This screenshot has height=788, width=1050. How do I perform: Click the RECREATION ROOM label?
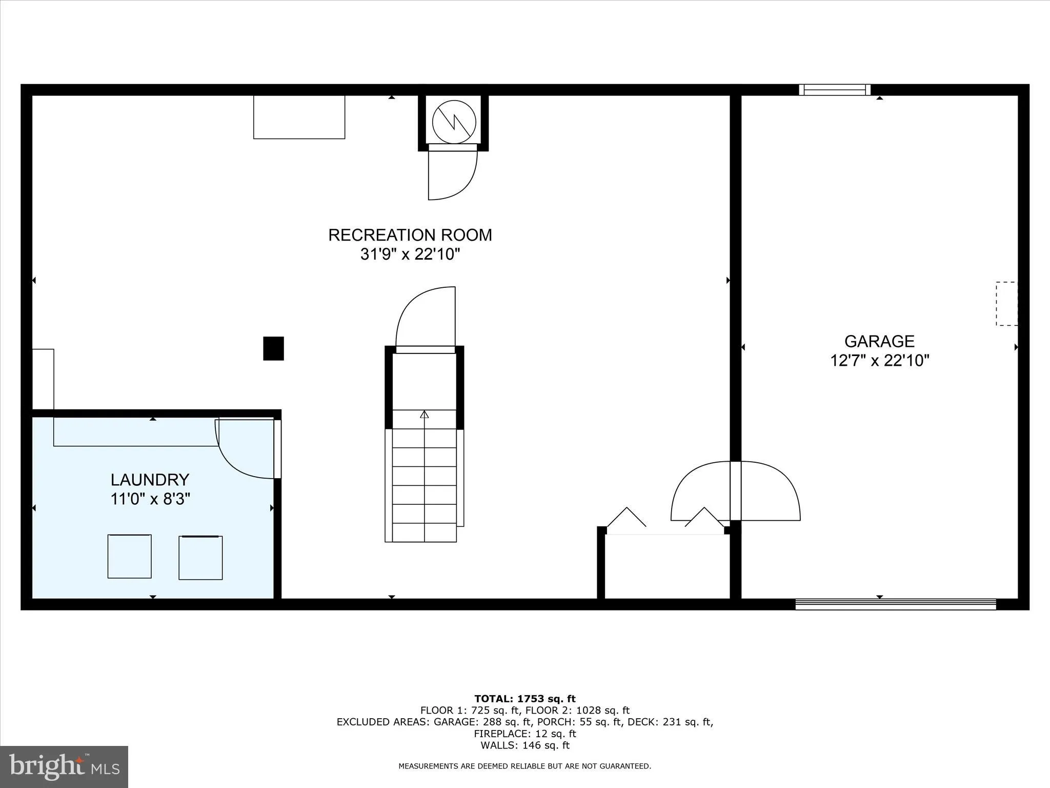(x=410, y=235)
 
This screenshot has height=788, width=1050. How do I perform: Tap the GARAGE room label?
(x=879, y=341)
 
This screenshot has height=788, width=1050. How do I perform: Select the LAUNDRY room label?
(x=150, y=480)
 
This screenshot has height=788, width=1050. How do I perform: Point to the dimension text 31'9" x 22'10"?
(x=410, y=254)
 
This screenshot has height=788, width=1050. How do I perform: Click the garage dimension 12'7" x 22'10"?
(x=879, y=360)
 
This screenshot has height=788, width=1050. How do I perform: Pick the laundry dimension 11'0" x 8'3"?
(x=150, y=499)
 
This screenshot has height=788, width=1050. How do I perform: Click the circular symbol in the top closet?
(x=454, y=122)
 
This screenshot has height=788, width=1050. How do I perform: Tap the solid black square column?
(x=273, y=348)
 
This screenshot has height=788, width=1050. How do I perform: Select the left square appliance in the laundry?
(x=129, y=556)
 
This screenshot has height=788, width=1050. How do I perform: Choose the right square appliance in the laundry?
(x=200, y=558)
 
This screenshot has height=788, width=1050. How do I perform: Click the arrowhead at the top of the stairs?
(x=424, y=414)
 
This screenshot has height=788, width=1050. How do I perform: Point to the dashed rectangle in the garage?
(x=1006, y=303)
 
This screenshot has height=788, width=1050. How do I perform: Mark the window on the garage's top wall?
(x=835, y=90)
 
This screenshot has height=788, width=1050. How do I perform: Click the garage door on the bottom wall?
(x=895, y=604)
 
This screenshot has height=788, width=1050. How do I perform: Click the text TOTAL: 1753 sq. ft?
(x=525, y=699)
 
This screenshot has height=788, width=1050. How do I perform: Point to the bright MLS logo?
(x=64, y=767)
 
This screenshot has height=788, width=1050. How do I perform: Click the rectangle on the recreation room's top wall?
(x=299, y=117)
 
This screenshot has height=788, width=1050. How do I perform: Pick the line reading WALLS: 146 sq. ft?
(x=525, y=745)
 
